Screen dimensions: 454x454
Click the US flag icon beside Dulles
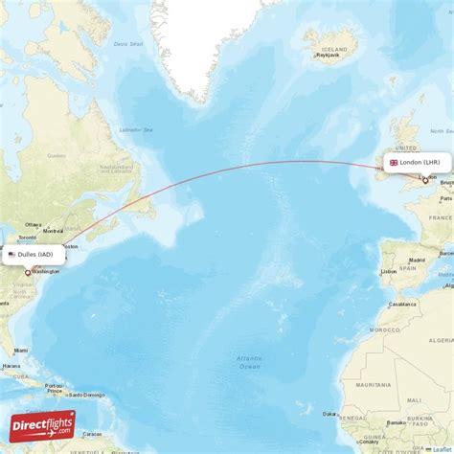(x=11, y=254)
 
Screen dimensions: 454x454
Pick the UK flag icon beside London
(x=393, y=163)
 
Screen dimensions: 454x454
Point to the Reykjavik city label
(x=329, y=56)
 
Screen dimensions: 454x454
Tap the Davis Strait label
(x=126, y=44)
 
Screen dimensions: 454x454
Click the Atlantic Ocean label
(x=249, y=362)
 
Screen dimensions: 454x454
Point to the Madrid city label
(x=417, y=260)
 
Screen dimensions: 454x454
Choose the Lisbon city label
(x=388, y=271)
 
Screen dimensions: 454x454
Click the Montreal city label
(x=54, y=231)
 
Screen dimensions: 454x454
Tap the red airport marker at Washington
(x=28, y=273)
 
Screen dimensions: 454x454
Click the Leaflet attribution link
(x=443, y=449)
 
